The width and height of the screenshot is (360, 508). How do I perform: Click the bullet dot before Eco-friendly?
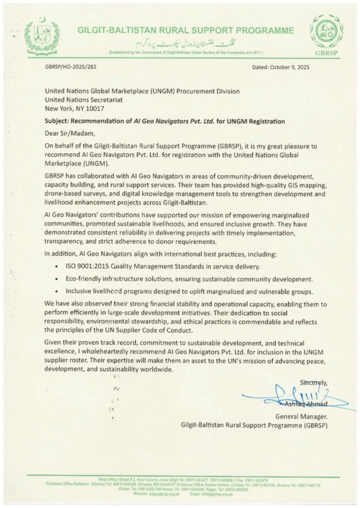tap(60, 279)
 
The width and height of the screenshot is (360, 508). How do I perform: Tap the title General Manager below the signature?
tap(301, 416)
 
